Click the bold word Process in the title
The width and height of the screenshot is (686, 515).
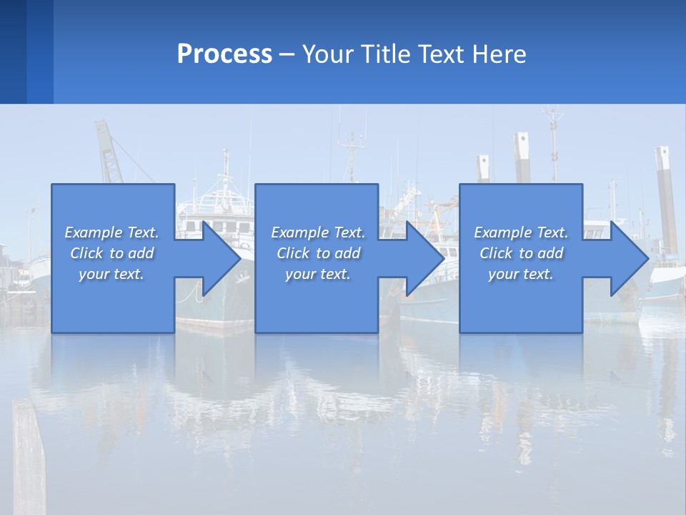[224, 54]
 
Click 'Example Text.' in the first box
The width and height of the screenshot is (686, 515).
[111, 232]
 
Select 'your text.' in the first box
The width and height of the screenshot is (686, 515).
[111, 274]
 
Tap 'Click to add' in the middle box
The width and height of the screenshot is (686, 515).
[318, 253]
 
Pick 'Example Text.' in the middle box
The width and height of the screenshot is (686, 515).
[318, 232]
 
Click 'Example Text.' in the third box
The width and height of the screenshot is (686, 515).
[521, 232]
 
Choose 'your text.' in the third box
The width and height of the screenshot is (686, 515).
[521, 274]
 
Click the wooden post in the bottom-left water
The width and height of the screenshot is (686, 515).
[29, 458]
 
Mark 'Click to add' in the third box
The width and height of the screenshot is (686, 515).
[521, 253]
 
